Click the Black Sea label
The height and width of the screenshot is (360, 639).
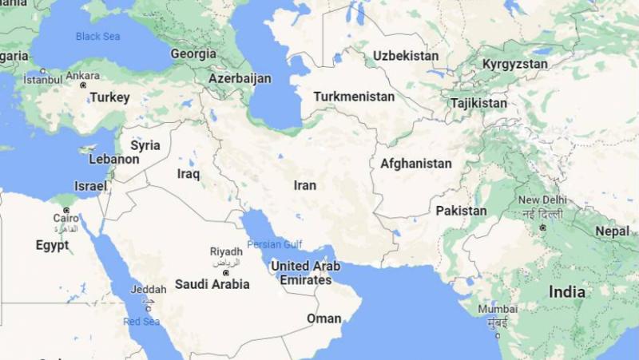pos(98,36)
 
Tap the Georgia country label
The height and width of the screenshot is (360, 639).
pos(193,54)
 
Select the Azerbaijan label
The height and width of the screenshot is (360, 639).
pos(240,79)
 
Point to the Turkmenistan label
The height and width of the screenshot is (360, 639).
pos(354,97)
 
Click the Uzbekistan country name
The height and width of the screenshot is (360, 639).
pos(406,56)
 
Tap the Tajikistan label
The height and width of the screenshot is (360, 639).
pos(478,103)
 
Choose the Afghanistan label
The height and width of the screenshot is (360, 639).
pos(415,164)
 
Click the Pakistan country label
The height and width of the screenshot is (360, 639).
pos(461,211)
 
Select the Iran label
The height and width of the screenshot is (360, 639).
pos(305,185)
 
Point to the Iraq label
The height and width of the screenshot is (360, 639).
pos(189,173)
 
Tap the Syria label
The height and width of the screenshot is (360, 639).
pos(145,145)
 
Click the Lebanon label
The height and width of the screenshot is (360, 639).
pos(114,159)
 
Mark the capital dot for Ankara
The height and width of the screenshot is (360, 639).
pos(83,85)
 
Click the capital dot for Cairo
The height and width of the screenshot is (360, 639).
pos(66,210)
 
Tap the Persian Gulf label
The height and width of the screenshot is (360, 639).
pos(275,244)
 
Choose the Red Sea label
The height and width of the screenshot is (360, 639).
pos(141,322)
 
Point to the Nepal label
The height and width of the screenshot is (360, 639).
pos(613,231)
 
